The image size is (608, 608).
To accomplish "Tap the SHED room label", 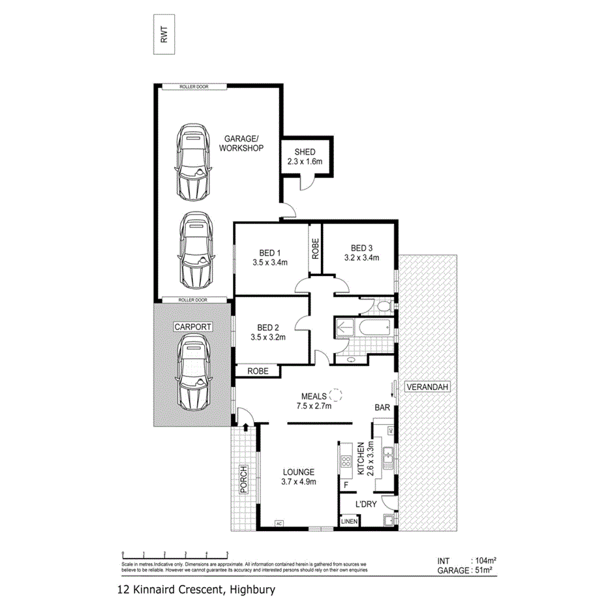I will click(305, 152).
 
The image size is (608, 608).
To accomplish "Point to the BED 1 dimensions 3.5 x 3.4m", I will click(270, 263).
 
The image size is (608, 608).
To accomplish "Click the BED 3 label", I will click(361, 248).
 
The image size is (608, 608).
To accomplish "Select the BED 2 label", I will click(269, 327).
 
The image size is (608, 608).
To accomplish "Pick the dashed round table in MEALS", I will click(335, 395).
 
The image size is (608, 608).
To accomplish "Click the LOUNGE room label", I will click(298, 472).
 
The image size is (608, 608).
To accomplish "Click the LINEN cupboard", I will click(349, 521).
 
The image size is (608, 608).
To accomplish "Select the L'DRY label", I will click(366, 504).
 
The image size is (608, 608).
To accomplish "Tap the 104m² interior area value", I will click(483, 560).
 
